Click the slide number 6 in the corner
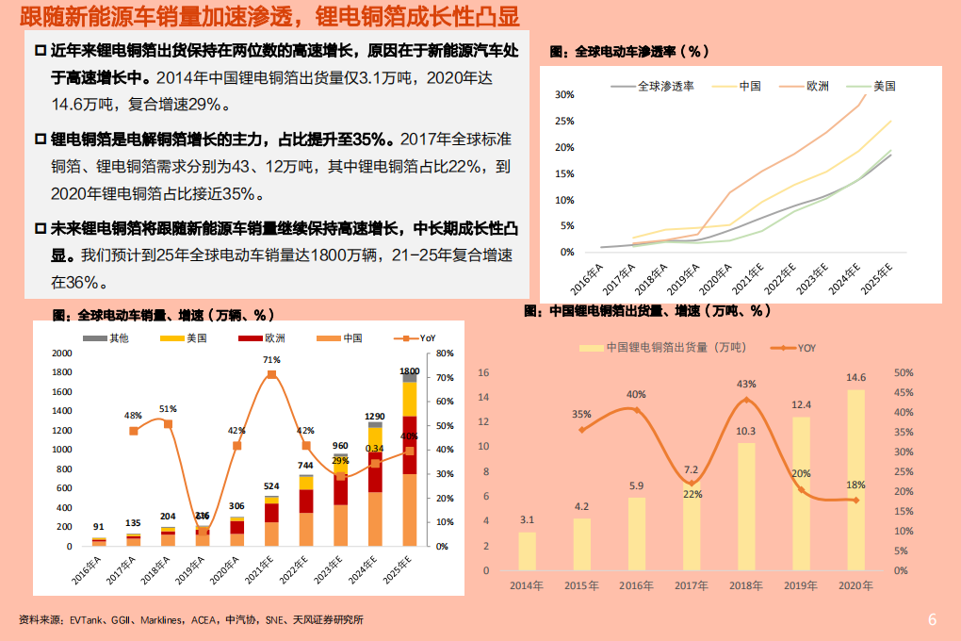[932, 619]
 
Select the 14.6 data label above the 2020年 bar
[855, 378]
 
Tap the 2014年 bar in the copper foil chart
[527, 551]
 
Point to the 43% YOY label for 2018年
[746, 384]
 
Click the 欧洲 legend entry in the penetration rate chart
[817, 86]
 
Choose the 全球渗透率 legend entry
[665, 86]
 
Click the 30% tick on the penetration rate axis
[564, 95]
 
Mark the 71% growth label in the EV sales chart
[271, 359]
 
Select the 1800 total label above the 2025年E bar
[409, 371]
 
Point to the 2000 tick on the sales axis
[61, 353]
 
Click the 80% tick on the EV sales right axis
[445, 353]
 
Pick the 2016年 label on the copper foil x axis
[637, 585]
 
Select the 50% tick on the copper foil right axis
[901, 372]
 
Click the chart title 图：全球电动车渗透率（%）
[628, 50]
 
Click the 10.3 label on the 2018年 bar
[746, 431]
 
